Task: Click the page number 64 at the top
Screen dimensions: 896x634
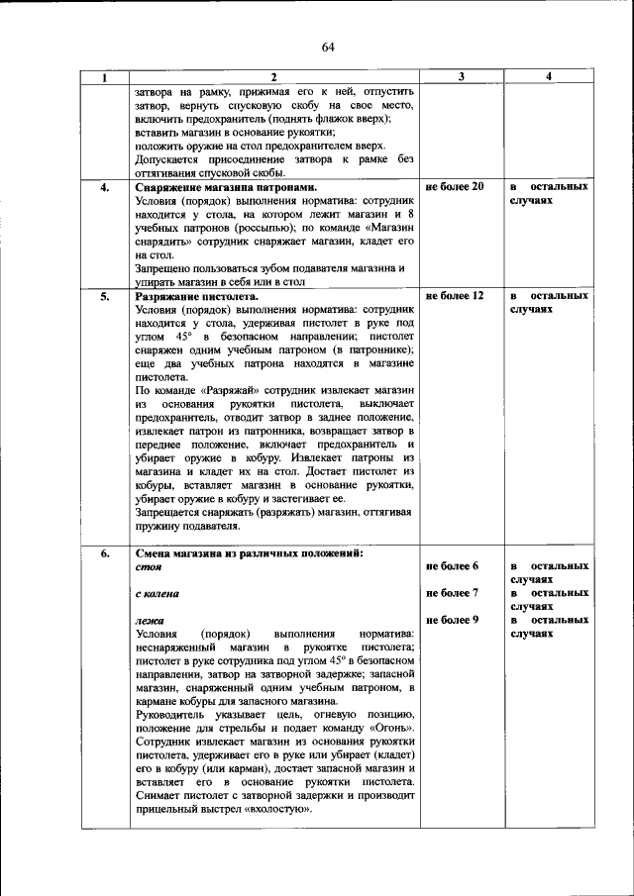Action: point(328,47)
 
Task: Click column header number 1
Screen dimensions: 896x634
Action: point(105,77)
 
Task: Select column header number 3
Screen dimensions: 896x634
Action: point(463,77)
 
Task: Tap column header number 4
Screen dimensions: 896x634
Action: point(549,77)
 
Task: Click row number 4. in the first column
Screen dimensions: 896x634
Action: point(105,186)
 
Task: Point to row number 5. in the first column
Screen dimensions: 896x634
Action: point(105,296)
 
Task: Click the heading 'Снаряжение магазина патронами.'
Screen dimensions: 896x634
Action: point(213,186)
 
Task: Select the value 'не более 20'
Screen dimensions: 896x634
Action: point(454,186)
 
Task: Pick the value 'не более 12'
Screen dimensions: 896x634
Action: point(454,296)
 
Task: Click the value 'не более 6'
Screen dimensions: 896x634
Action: point(452,566)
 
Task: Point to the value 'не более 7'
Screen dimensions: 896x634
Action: point(452,593)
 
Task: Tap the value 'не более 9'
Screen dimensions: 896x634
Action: point(452,620)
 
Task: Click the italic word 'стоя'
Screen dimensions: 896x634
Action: point(148,567)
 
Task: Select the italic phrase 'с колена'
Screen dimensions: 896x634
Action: point(157,594)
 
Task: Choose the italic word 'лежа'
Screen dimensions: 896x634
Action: point(148,621)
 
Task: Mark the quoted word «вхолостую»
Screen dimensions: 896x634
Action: point(280,809)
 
